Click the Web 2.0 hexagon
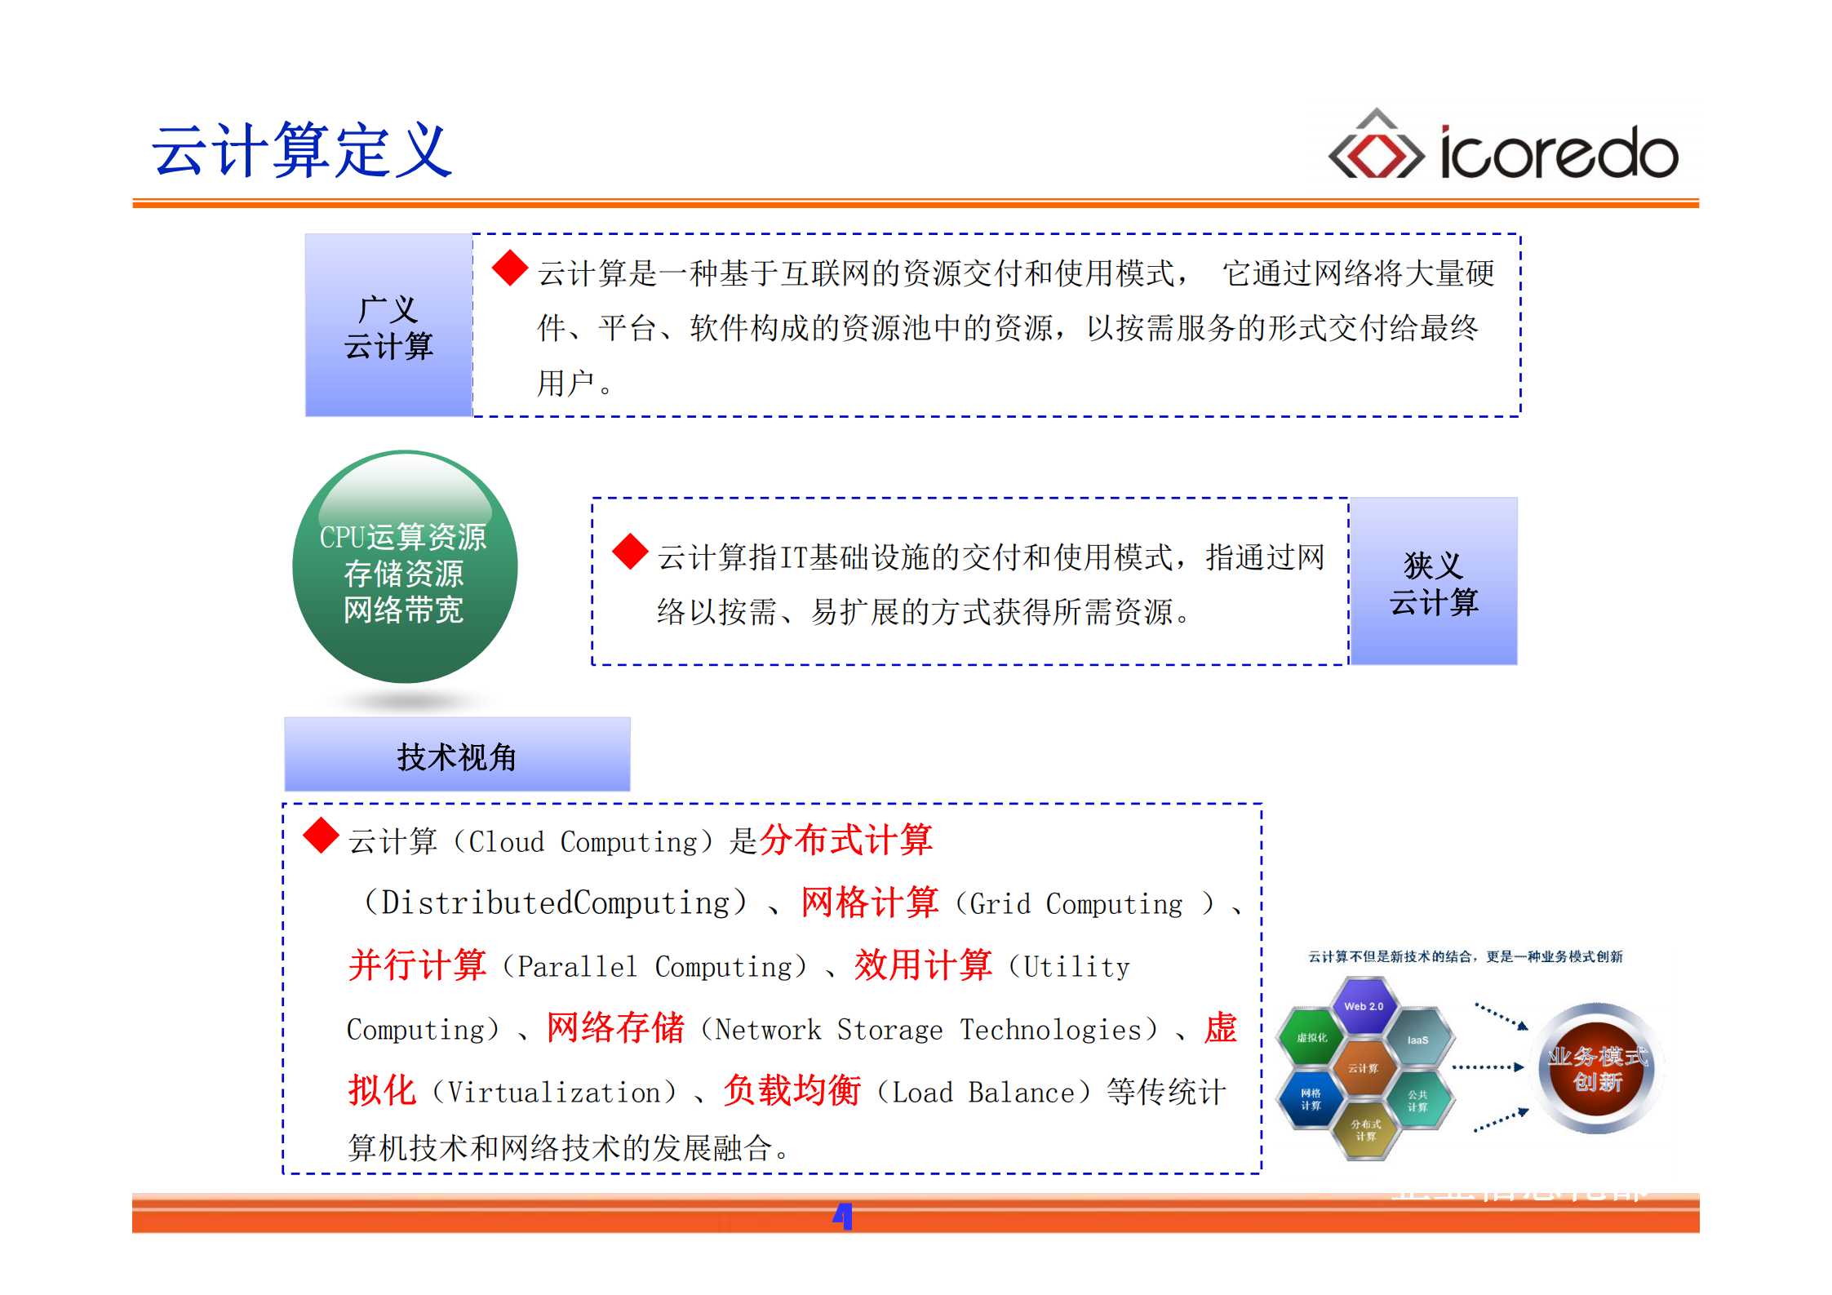point(1364,1006)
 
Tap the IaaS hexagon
point(1417,1040)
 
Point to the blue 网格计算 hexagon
point(1311,1099)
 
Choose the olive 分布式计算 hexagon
point(1365,1130)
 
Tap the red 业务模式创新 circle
point(1597,1069)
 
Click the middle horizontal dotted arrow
point(1487,1067)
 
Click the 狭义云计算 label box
point(1434,582)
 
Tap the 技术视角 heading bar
point(457,756)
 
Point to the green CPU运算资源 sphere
point(405,568)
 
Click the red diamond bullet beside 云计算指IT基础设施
point(630,552)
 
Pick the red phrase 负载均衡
point(792,1090)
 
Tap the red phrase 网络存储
point(615,1027)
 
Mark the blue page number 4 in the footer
point(842,1216)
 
